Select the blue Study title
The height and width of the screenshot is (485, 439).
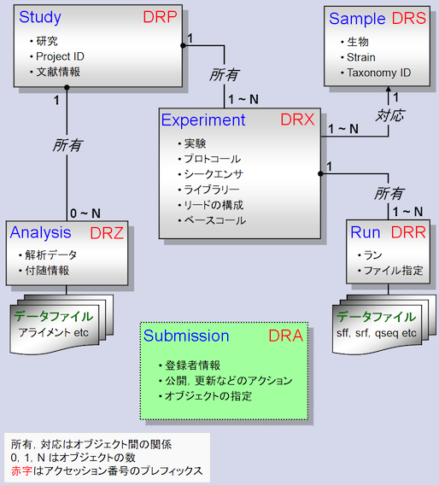pos(40,17)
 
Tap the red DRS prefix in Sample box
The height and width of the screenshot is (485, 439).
pos(407,18)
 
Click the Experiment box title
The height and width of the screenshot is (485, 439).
pos(203,120)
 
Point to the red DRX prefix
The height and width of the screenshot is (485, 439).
pos(298,120)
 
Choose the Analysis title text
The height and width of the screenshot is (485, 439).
pos(42,231)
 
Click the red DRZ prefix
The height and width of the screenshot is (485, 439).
pos(107,231)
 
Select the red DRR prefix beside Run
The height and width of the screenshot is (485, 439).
pos(407,232)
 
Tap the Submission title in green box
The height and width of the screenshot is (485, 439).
pos(186,336)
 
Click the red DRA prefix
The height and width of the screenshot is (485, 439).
pos(285,336)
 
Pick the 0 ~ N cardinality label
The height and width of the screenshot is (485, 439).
pos(85,213)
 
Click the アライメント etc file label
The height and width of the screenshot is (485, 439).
pos(54,331)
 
